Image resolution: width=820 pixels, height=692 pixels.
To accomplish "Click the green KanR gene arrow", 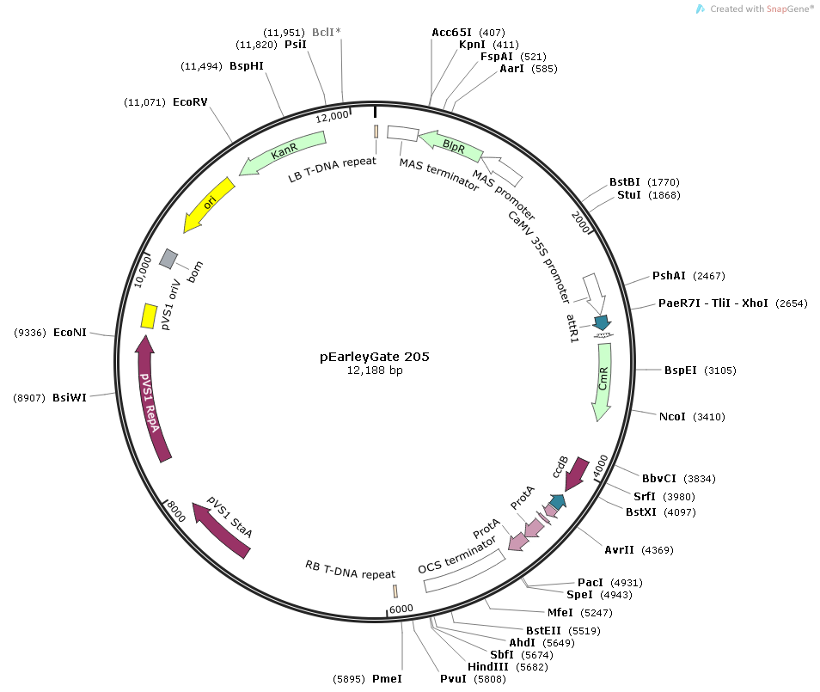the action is coord(283,152).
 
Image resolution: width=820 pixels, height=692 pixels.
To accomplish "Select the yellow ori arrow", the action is coord(209,204).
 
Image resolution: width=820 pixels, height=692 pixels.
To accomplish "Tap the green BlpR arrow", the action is coord(450,146).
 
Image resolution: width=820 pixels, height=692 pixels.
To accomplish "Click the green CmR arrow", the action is coord(603,382).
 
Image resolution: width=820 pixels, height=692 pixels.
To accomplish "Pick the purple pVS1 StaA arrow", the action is coord(221,530).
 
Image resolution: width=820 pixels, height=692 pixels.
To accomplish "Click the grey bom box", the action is coord(168,259).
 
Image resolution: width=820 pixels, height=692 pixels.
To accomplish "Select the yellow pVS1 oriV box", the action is coord(149,316).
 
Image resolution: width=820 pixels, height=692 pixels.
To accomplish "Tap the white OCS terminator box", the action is coord(464,571).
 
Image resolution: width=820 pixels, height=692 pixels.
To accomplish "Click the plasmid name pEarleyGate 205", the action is coord(375,357).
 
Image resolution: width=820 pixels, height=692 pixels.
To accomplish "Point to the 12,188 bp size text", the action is coord(375,370).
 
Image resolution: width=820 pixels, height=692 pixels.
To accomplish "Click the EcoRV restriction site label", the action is coord(190,102).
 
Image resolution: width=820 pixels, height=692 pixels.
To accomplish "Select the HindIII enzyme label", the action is coord(488,666).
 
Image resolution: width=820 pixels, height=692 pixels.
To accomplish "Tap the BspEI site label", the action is coord(681,370).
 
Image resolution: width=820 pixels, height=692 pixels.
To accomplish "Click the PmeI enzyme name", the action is coord(387,679).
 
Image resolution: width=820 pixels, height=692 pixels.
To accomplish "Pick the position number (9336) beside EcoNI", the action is coord(30,333).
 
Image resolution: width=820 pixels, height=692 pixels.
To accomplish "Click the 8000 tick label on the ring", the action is coord(176,511).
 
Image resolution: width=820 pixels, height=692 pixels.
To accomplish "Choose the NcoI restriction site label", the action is coord(672,417).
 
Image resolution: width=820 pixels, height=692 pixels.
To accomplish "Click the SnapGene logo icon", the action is coord(701,9).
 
